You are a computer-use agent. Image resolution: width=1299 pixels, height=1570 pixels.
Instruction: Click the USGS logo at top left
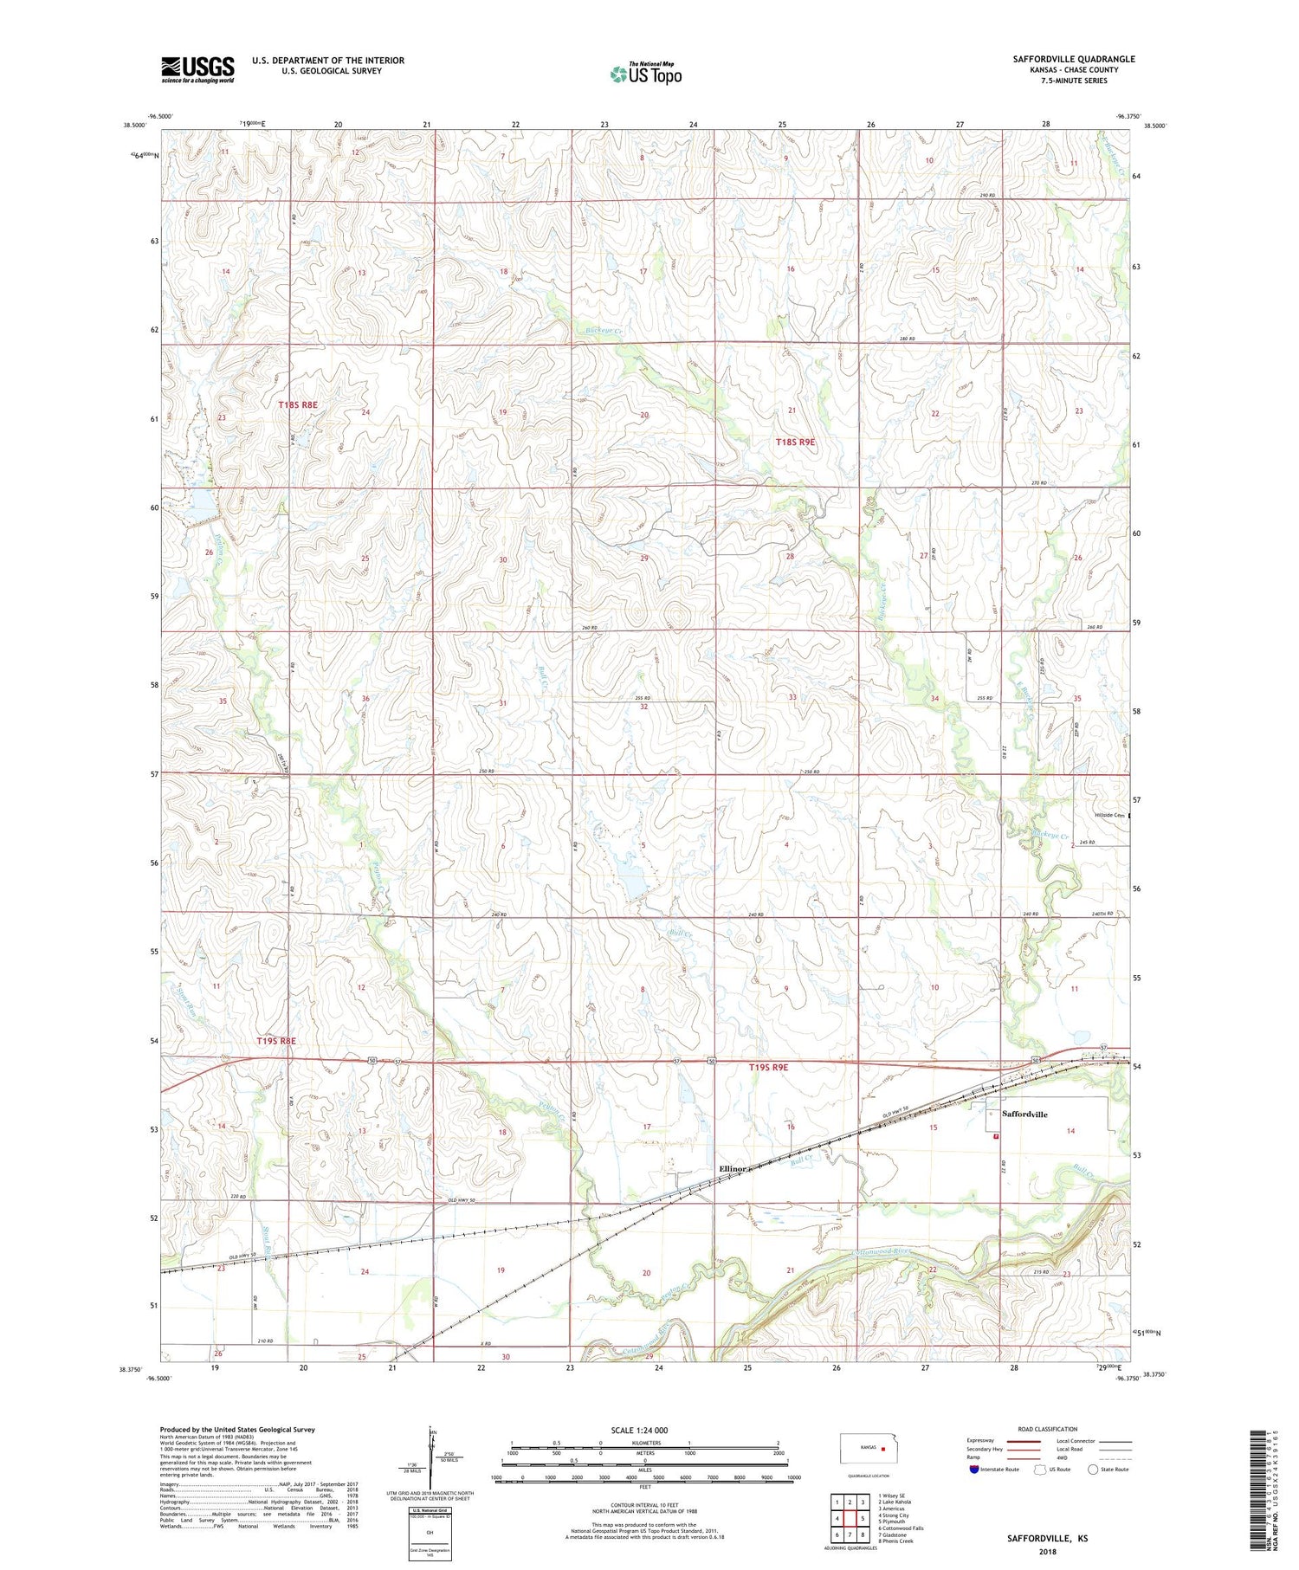coord(197,69)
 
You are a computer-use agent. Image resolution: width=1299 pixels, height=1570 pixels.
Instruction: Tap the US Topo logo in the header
coord(645,74)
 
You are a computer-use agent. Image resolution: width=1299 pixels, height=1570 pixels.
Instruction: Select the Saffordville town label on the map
coord(1024,1114)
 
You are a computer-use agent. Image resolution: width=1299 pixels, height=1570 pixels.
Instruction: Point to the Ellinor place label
coord(732,1168)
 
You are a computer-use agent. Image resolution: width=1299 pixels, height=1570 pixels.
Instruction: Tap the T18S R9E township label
coord(795,442)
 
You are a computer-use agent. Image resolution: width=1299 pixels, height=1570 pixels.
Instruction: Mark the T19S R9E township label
coord(768,1068)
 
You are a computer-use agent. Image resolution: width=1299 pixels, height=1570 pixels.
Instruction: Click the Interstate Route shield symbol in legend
coord(974,1470)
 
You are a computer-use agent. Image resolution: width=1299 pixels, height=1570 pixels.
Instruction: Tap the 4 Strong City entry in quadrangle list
coord(894,1515)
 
